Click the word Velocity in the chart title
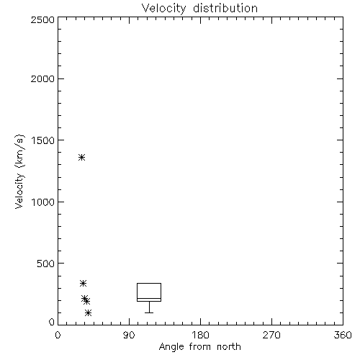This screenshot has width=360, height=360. pos(163,9)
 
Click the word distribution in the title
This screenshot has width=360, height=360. pos(225,8)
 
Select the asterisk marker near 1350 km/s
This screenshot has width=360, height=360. pos(82,158)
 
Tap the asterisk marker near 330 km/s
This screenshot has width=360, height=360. pos(83,284)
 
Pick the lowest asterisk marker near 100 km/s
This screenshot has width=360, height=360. pos(88,312)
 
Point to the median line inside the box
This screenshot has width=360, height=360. pos(149,298)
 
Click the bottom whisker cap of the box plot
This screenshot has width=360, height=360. pos(149,312)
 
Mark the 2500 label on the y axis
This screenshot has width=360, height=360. pos(42,19)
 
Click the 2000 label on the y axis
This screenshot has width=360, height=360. pos(42,78)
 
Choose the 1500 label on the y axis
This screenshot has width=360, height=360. pos(43,140)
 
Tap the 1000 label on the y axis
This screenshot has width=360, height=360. pos(43,202)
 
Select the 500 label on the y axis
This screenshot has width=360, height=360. pos(46,264)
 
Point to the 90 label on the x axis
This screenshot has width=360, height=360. pos(129,335)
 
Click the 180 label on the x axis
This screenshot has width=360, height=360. pos(200,335)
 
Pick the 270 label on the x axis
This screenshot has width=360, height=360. pos(271,335)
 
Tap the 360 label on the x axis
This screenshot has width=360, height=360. pos(343,335)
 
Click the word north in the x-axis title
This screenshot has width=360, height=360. pos(229,347)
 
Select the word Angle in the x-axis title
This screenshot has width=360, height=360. pos(171,348)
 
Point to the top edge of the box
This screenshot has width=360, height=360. pos(149,284)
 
